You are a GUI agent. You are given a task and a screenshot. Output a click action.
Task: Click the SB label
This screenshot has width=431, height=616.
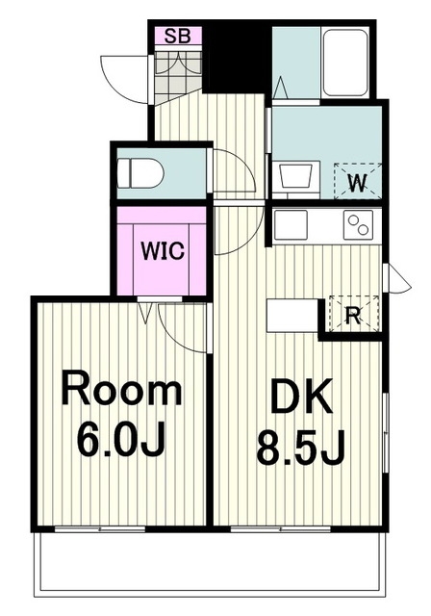pyautogui.click(x=178, y=37)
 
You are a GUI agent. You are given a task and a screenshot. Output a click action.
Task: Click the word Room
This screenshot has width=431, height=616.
pyautogui.click(x=122, y=392)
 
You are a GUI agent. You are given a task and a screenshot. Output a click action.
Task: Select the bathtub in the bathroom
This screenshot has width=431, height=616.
pyautogui.click(x=346, y=63)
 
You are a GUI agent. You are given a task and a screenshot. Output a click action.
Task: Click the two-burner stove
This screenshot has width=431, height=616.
pyautogui.click(x=359, y=225)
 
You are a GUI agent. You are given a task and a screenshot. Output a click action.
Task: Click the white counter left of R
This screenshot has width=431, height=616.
pyautogui.click(x=292, y=314)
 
